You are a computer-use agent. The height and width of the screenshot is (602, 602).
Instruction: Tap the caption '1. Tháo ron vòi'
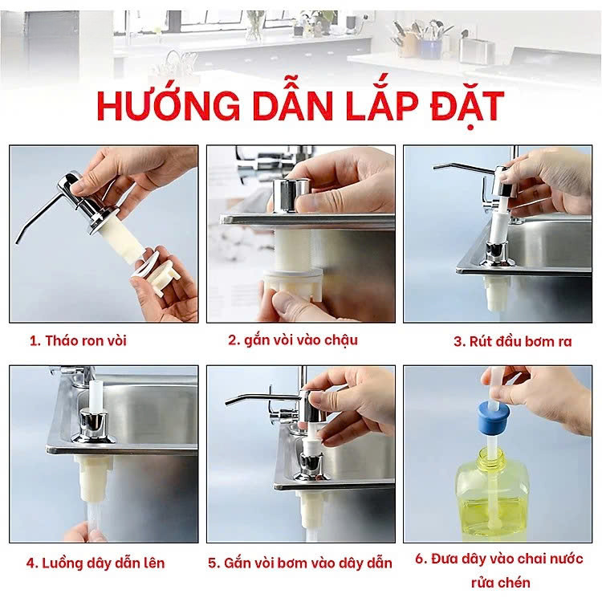78,340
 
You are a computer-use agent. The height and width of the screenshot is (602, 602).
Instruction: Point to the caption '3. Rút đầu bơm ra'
512,341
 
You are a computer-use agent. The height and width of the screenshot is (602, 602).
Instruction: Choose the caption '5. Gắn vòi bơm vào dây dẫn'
300,563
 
